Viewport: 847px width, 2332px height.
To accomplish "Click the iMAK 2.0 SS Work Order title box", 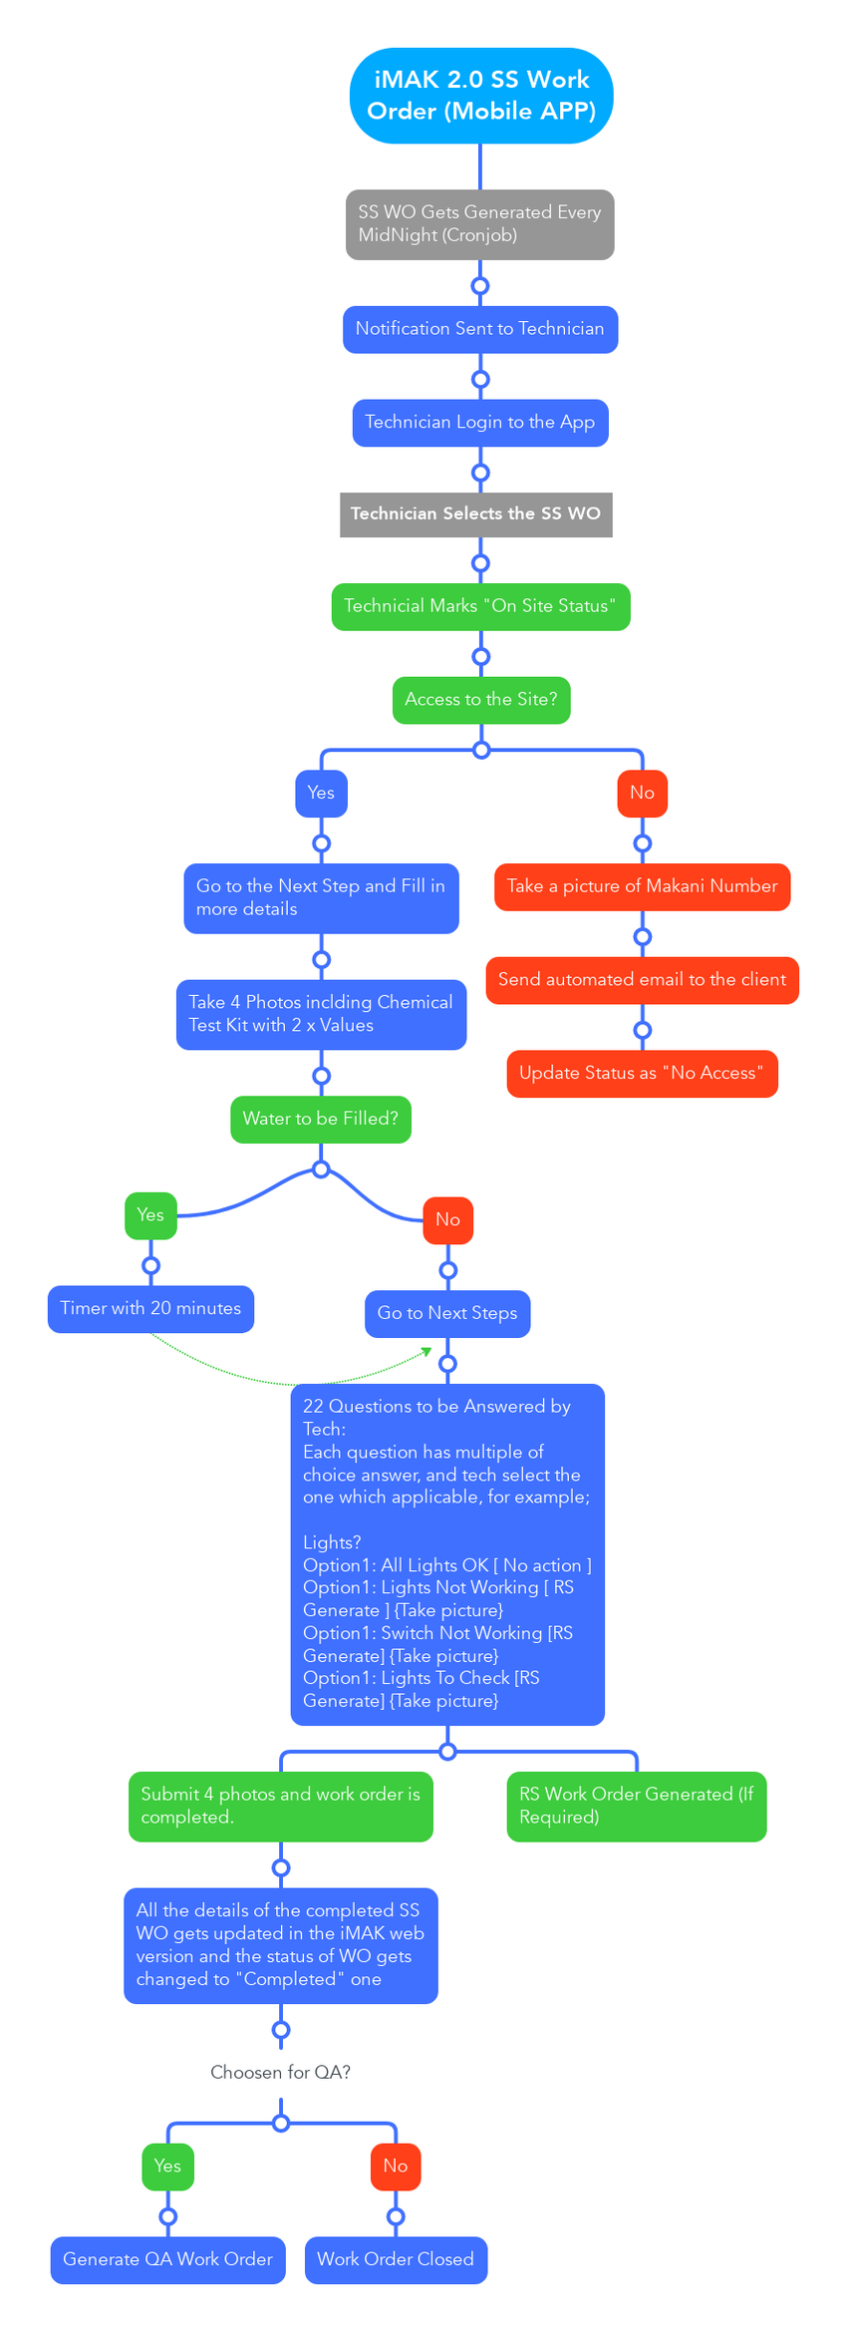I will tap(480, 96).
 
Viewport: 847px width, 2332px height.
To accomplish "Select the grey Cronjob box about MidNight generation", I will tap(479, 224).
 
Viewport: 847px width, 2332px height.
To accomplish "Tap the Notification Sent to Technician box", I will tap(479, 329).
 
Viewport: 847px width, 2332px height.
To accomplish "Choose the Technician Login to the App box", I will tap(479, 423).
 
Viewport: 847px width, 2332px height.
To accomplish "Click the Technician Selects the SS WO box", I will tap(475, 514).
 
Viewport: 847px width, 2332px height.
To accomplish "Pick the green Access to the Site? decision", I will tap(480, 700).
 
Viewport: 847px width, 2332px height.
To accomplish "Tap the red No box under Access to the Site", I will tap(642, 794).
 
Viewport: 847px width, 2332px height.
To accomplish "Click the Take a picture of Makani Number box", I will tap(642, 886).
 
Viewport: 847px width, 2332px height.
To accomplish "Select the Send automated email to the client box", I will tap(642, 980).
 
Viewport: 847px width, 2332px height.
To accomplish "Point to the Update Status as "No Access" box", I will tap(642, 1074).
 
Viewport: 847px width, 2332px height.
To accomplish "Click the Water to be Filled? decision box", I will tap(320, 1120).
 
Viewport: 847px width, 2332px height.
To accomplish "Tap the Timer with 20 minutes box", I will tap(150, 1309).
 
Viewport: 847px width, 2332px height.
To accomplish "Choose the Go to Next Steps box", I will tap(447, 1314).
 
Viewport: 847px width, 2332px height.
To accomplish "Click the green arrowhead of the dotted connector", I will tap(427, 1351).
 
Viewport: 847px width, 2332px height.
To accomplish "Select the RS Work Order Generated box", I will tap(636, 1806).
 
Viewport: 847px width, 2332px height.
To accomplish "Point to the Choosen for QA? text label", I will tap(280, 2073).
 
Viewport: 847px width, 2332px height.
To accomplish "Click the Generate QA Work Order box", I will tap(167, 2260).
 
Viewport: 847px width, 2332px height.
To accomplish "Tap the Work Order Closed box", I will tap(396, 2260).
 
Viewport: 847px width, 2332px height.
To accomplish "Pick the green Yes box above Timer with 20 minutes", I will tap(150, 1215).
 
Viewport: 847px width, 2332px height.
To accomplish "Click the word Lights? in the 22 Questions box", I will tap(332, 1542).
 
